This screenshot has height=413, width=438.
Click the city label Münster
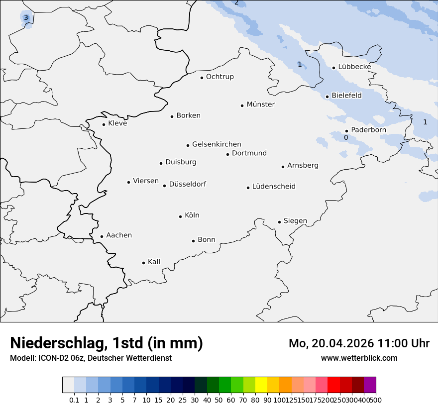[260, 104]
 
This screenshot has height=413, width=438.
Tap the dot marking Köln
[181, 216]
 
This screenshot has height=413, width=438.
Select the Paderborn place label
[368, 130]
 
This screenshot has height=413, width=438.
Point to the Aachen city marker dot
[102, 237]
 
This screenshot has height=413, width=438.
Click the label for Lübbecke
[354, 67]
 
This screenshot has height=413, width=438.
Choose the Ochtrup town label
[219, 77]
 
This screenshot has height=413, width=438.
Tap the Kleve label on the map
[117, 123]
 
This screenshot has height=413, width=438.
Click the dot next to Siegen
[279, 222]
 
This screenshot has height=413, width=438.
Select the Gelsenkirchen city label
[217, 144]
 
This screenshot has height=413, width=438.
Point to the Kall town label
[154, 262]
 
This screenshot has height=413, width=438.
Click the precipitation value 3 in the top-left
[26, 18]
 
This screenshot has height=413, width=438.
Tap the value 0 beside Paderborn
[346, 137]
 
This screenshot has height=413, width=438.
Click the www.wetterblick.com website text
[359, 358]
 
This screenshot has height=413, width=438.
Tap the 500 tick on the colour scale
[376, 400]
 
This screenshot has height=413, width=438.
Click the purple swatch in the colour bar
[370, 385]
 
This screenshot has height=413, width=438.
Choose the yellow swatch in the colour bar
[261, 385]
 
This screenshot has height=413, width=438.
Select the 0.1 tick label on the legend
[74, 400]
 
